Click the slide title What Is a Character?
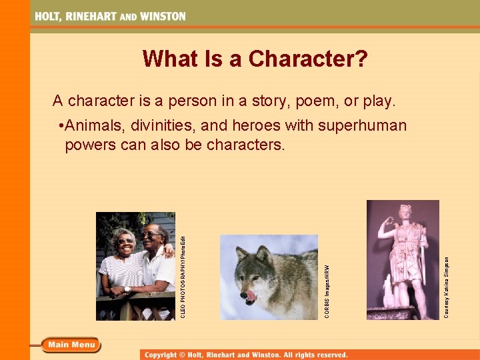[x=255, y=59]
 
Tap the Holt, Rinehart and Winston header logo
[x=110, y=16]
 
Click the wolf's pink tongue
[x=251, y=294]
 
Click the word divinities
[x=167, y=125]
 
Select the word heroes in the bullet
[x=255, y=125]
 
